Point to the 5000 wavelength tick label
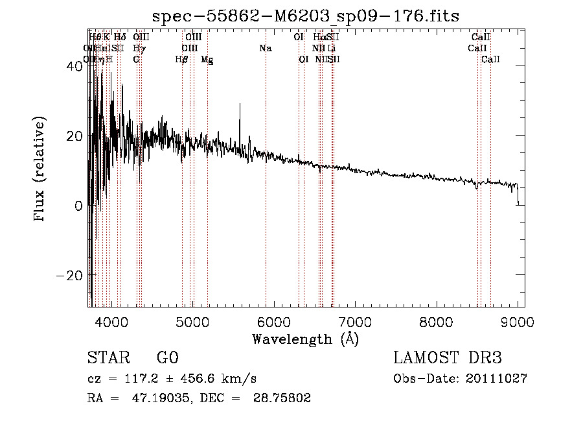click(x=192, y=320)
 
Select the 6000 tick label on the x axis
click(x=274, y=320)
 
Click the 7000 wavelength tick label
click(x=355, y=320)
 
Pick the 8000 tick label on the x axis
click(x=437, y=320)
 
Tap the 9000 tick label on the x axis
click(x=518, y=320)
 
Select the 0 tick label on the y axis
click(x=78, y=206)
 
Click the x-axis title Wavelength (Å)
click(x=305, y=339)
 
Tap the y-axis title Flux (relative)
click(x=40, y=170)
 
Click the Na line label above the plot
click(x=265, y=48)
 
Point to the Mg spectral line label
click(x=207, y=59)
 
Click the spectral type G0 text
click(x=167, y=358)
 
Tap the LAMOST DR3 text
click(x=448, y=358)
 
